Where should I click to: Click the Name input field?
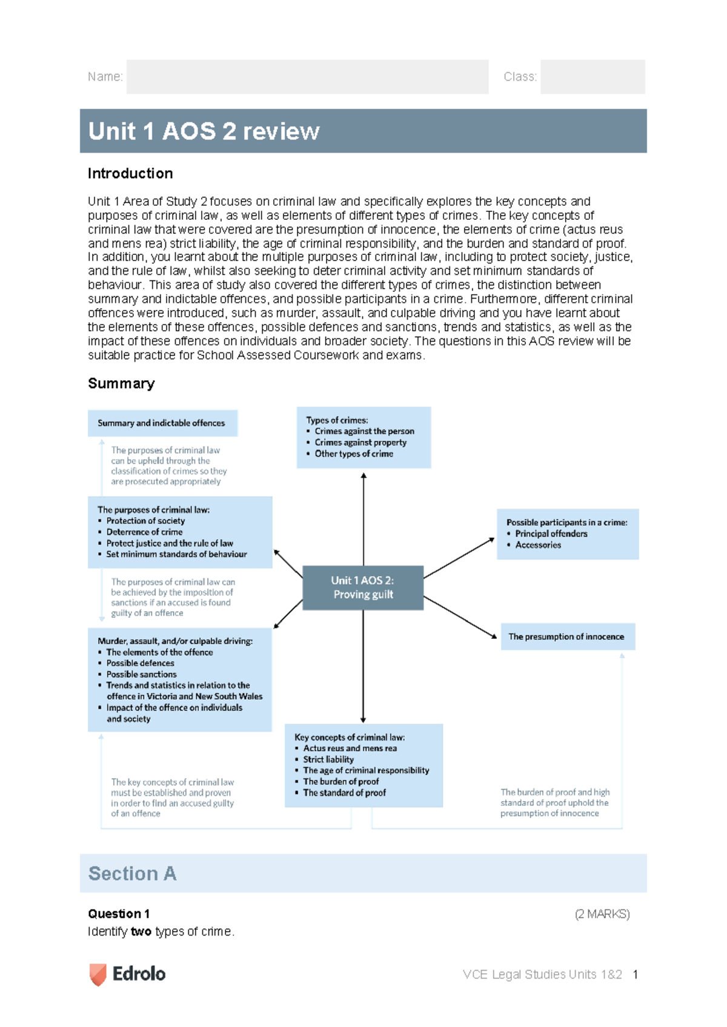(307, 77)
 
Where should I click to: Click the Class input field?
(592, 77)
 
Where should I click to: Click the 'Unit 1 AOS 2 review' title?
(204, 131)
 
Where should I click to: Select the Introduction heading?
(130, 174)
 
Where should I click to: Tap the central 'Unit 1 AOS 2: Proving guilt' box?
(362, 587)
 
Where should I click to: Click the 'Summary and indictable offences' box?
(162, 423)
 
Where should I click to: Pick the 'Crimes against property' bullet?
(360, 443)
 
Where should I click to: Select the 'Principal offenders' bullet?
(551, 533)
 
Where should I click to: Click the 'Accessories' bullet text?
(538, 545)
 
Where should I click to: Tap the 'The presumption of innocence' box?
(566, 636)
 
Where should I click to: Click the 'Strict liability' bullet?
(328, 759)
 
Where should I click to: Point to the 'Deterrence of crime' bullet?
(144, 532)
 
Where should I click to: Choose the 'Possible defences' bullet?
(140, 663)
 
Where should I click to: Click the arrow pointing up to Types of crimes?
(363, 515)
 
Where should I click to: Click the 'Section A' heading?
(132, 873)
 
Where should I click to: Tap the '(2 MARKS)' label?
(602, 914)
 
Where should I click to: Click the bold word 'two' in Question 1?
(141, 931)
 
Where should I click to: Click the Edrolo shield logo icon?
(98, 974)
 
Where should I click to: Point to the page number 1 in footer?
(635, 974)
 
